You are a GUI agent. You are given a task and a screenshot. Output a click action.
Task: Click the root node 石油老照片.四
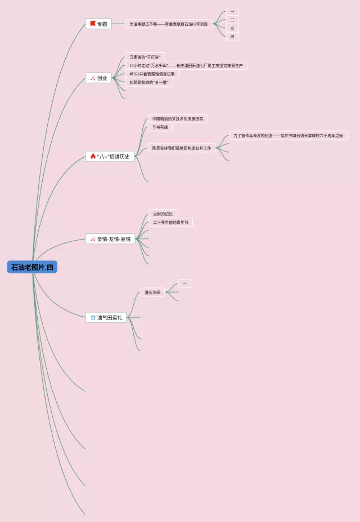click(32, 267)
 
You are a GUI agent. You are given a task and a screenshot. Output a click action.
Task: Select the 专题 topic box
click(98, 24)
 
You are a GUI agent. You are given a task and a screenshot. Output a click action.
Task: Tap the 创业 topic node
click(98, 78)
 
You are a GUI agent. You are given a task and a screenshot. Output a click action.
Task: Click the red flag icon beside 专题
click(93, 24)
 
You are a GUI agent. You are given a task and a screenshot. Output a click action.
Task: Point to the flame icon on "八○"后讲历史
click(93, 156)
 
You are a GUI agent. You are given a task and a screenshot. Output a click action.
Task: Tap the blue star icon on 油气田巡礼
click(93, 317)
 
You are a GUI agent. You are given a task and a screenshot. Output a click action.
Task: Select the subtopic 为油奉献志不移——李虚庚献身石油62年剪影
click(169, 24)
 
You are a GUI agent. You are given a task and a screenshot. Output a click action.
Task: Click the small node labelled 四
click(232, 37)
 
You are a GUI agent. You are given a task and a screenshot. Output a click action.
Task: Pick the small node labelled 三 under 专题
click(232, 28)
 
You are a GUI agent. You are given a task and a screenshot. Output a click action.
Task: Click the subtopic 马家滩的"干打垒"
click(145, 57)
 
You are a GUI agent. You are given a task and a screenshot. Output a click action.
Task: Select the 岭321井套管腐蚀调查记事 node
click(152, 74)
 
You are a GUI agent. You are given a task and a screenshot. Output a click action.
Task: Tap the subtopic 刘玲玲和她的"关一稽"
click(148, 82)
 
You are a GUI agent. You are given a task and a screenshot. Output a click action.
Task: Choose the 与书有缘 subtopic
click(160, 128)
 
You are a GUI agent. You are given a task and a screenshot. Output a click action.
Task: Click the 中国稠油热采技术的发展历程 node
click(178, 119)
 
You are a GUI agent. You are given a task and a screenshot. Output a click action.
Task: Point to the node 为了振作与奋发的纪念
click(288, 136)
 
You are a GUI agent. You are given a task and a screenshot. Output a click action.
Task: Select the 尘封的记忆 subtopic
click(163, 214)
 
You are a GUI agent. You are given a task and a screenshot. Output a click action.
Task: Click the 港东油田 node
click(152, 292)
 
